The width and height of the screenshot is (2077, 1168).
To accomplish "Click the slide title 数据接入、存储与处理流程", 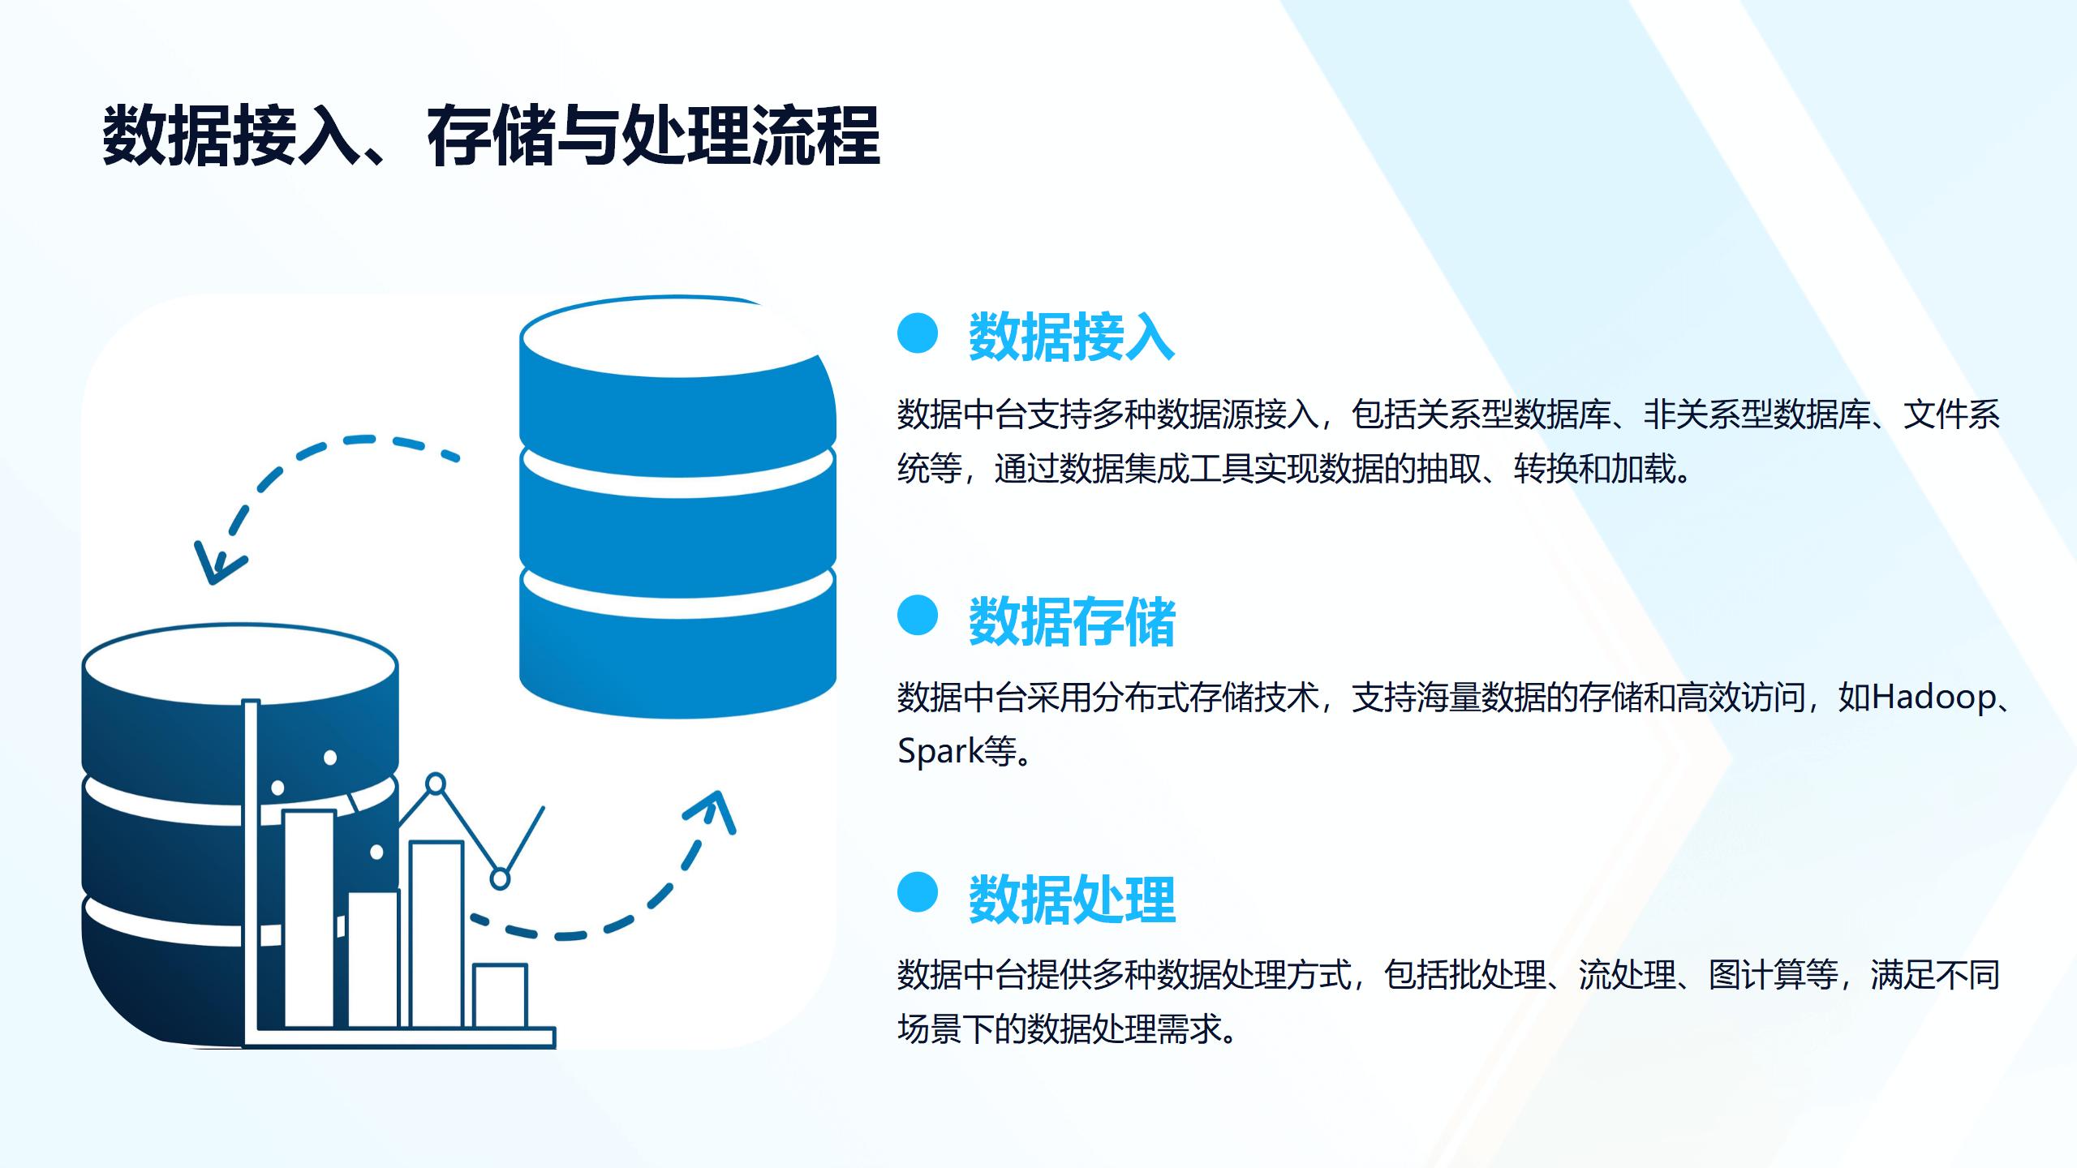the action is point(491,135).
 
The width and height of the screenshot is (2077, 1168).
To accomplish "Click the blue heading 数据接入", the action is point(1072,336).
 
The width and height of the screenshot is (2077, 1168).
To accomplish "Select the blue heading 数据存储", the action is point(1072,621).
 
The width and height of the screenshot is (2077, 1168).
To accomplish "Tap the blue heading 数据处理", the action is point(1072,900).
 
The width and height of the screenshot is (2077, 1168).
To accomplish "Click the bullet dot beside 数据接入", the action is point(918,333).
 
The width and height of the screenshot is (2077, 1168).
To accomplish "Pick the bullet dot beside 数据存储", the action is point(918,616).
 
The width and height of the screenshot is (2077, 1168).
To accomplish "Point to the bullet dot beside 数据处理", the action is point(918,892).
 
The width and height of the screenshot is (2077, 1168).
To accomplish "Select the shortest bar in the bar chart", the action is point(501,996).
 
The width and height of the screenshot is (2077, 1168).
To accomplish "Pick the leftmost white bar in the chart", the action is point(309,919).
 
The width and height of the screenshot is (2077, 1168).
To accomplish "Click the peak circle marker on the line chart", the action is point(436,784).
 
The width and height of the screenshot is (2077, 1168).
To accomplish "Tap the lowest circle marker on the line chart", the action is point(501,878).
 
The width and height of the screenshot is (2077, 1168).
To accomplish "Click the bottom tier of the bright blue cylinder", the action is point(677,649).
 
